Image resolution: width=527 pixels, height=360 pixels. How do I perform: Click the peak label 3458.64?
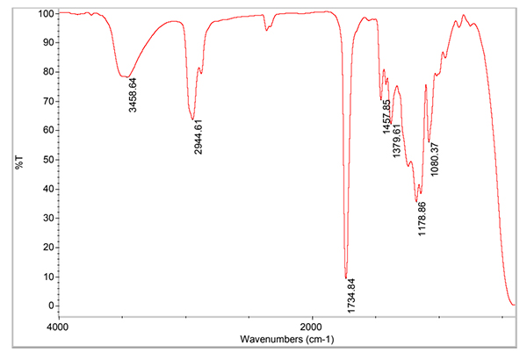point(133,101)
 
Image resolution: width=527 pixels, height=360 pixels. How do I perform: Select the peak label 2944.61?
point(198,139)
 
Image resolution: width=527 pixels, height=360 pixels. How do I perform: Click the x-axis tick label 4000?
point(57,327)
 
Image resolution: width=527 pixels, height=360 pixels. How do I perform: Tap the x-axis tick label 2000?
point(312,327)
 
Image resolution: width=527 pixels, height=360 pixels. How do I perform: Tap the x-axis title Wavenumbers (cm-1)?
point(286,338)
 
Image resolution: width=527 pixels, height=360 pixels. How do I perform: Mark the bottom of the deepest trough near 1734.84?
point(346,277)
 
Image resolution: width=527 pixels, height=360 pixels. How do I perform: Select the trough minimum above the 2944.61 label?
point(192,119)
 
